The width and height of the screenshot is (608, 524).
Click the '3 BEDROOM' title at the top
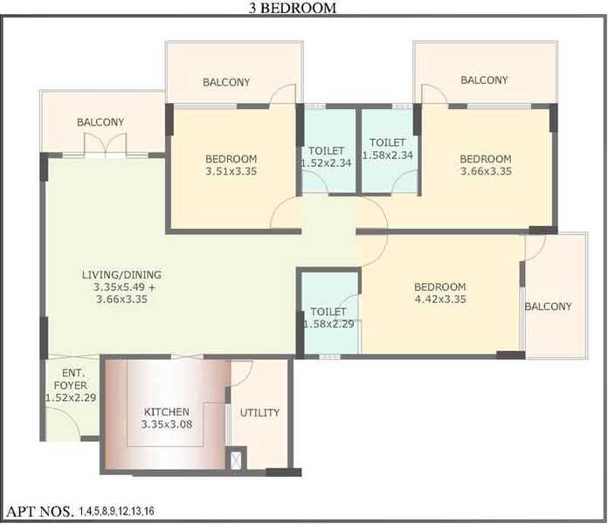(x=293, y=8)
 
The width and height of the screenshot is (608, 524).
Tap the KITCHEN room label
(x=167, y=411)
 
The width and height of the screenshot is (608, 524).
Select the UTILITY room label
(x=259, y=413)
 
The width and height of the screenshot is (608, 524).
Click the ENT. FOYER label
(x=71, y=379)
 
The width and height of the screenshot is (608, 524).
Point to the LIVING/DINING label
(x=121, y=275)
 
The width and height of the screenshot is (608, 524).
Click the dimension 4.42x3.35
(x=440, y=300)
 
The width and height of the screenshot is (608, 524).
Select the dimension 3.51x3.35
(x=231, y=171)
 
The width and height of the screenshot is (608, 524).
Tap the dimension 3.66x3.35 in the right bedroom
(x=486, y=171)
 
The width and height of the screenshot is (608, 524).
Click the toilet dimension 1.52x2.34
(x=327, y=163)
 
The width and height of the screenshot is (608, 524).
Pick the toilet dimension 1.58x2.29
(x=328, y=324)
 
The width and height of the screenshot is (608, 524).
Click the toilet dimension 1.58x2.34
(x=388, y=155)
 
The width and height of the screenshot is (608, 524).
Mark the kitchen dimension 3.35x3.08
(x=167, y=424)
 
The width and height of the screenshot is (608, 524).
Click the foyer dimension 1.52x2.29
(x=71, y=397)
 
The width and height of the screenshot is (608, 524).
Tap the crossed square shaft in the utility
(x=236, y=460)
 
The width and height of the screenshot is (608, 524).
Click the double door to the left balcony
(x=105, y=146)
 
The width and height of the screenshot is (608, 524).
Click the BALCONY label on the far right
(x=548, y=307)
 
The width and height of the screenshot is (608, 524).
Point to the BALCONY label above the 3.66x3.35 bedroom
(x=484, y=80)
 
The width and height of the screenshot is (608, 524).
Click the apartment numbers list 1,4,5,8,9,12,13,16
(x=117, y=511)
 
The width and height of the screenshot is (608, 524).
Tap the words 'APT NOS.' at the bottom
(x=40, y=512)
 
